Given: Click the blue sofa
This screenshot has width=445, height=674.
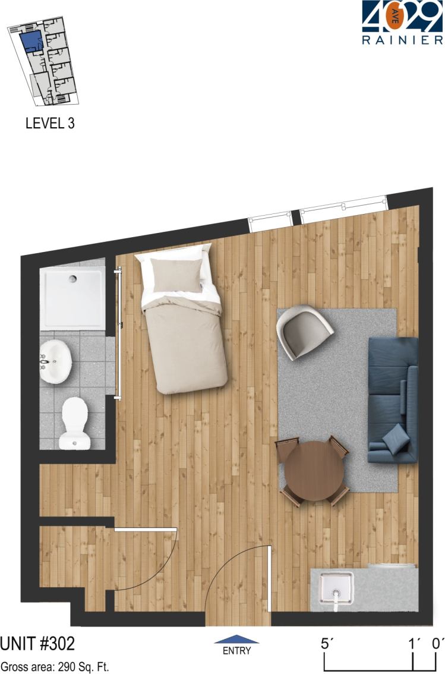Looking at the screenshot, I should point(392,400).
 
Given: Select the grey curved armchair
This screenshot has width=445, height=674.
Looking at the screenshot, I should point(305,332).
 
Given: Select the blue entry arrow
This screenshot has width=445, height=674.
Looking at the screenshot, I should point(236,640).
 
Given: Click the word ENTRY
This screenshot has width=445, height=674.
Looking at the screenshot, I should point(236,651).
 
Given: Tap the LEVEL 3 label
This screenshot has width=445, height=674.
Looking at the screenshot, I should point(50,124).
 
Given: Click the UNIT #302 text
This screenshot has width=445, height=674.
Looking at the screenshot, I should point(37,644).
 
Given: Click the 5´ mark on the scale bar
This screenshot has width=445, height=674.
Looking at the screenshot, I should point(324,643).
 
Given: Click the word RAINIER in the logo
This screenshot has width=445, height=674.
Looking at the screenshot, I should point(402,40).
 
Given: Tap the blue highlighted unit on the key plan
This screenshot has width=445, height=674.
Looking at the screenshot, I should point(31,42).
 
